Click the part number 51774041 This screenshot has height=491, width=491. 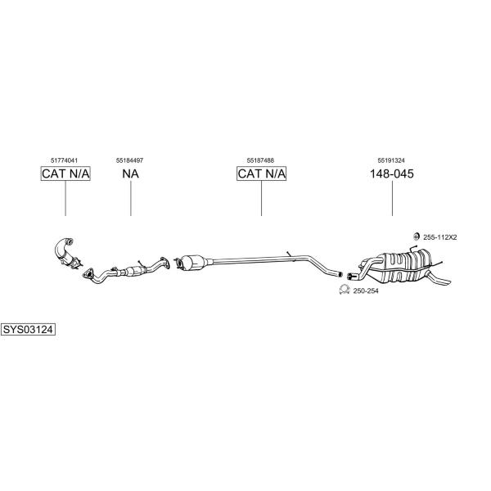64,160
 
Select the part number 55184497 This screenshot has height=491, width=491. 129,160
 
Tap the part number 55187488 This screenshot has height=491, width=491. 260,160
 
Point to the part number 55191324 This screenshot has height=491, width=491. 391,160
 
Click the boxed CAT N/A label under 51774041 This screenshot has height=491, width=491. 65,173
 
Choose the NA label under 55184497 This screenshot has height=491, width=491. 131,173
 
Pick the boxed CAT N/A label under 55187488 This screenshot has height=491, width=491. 262,173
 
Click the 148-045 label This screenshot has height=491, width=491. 392,173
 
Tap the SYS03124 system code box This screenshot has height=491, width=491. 28,330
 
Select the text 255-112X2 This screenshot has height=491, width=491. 440,237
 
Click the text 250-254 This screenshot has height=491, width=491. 366,291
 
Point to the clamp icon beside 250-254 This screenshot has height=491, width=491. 345,290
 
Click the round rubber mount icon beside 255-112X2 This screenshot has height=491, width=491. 417,236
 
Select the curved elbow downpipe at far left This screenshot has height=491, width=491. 64,252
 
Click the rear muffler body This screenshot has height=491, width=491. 404,266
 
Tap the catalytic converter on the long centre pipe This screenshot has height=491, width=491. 193,262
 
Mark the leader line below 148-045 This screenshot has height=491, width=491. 392,199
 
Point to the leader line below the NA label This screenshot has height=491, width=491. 131,199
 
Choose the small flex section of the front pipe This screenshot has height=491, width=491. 134,271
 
